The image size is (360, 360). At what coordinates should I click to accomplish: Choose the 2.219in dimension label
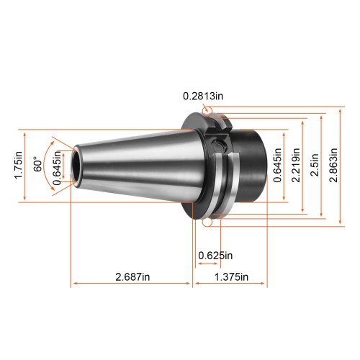click(295, 166)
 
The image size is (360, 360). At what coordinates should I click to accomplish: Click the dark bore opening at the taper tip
click(74, 167)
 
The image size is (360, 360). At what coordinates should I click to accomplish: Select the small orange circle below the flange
click(208, 224)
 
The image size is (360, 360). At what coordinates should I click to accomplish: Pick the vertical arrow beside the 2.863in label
click(342, 166)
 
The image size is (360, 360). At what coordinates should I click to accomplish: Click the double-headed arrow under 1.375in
click(230, 285)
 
